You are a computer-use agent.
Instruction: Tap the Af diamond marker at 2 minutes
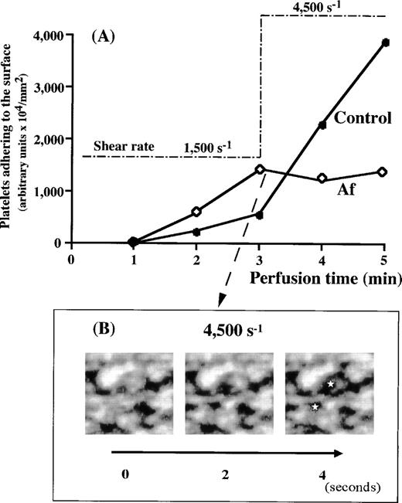196,211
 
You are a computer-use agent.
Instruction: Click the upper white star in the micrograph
330,384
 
